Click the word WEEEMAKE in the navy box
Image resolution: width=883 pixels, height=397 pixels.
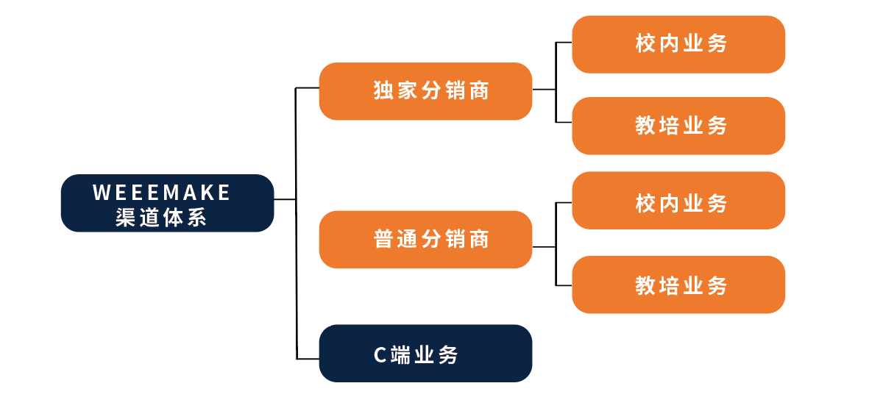[x=161, y=193]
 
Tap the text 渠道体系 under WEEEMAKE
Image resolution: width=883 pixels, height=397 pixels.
[x=161, y=218]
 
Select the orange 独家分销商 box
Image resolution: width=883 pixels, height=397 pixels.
[x=426, y=91]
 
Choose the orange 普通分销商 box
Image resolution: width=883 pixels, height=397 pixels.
[x=426, y=240]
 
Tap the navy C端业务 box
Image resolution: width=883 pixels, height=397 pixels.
[x=426, y=354]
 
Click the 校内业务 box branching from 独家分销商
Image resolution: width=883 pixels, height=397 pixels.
[x=678, y=44]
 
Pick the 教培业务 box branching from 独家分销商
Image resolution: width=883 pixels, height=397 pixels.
[x=678, y=126]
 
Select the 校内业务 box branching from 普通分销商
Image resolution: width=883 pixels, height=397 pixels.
[x=678, y=200]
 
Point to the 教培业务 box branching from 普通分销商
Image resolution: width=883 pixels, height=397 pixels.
[x=678, y=285]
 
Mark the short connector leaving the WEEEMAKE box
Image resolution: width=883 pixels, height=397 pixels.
[x=285, y=199]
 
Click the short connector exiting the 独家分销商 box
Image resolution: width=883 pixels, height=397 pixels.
[x=544, y=90]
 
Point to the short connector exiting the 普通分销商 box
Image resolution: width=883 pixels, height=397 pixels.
[x=544, y=247]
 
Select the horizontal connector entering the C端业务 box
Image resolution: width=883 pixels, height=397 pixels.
[x=308, y=359]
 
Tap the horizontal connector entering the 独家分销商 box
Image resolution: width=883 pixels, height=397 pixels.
[x=307, y=87]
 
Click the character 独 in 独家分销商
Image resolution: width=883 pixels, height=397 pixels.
[x=383, y=90]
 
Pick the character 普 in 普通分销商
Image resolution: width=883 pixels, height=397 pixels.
[x=383, y=239]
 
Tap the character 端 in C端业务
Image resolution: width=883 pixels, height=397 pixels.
[x=400, y=355]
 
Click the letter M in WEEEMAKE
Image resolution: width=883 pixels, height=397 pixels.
[x=171, y=193]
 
